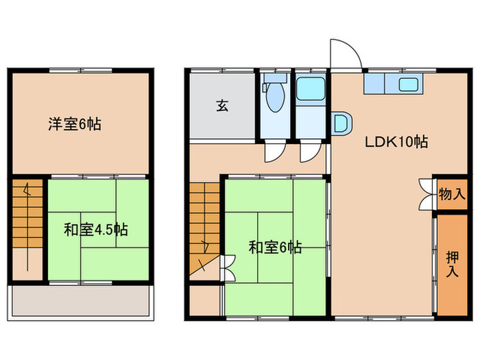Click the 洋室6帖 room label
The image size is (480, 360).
pos(75,125)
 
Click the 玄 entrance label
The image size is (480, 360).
pos(223,106)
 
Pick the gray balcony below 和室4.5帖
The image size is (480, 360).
pos(80,300)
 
